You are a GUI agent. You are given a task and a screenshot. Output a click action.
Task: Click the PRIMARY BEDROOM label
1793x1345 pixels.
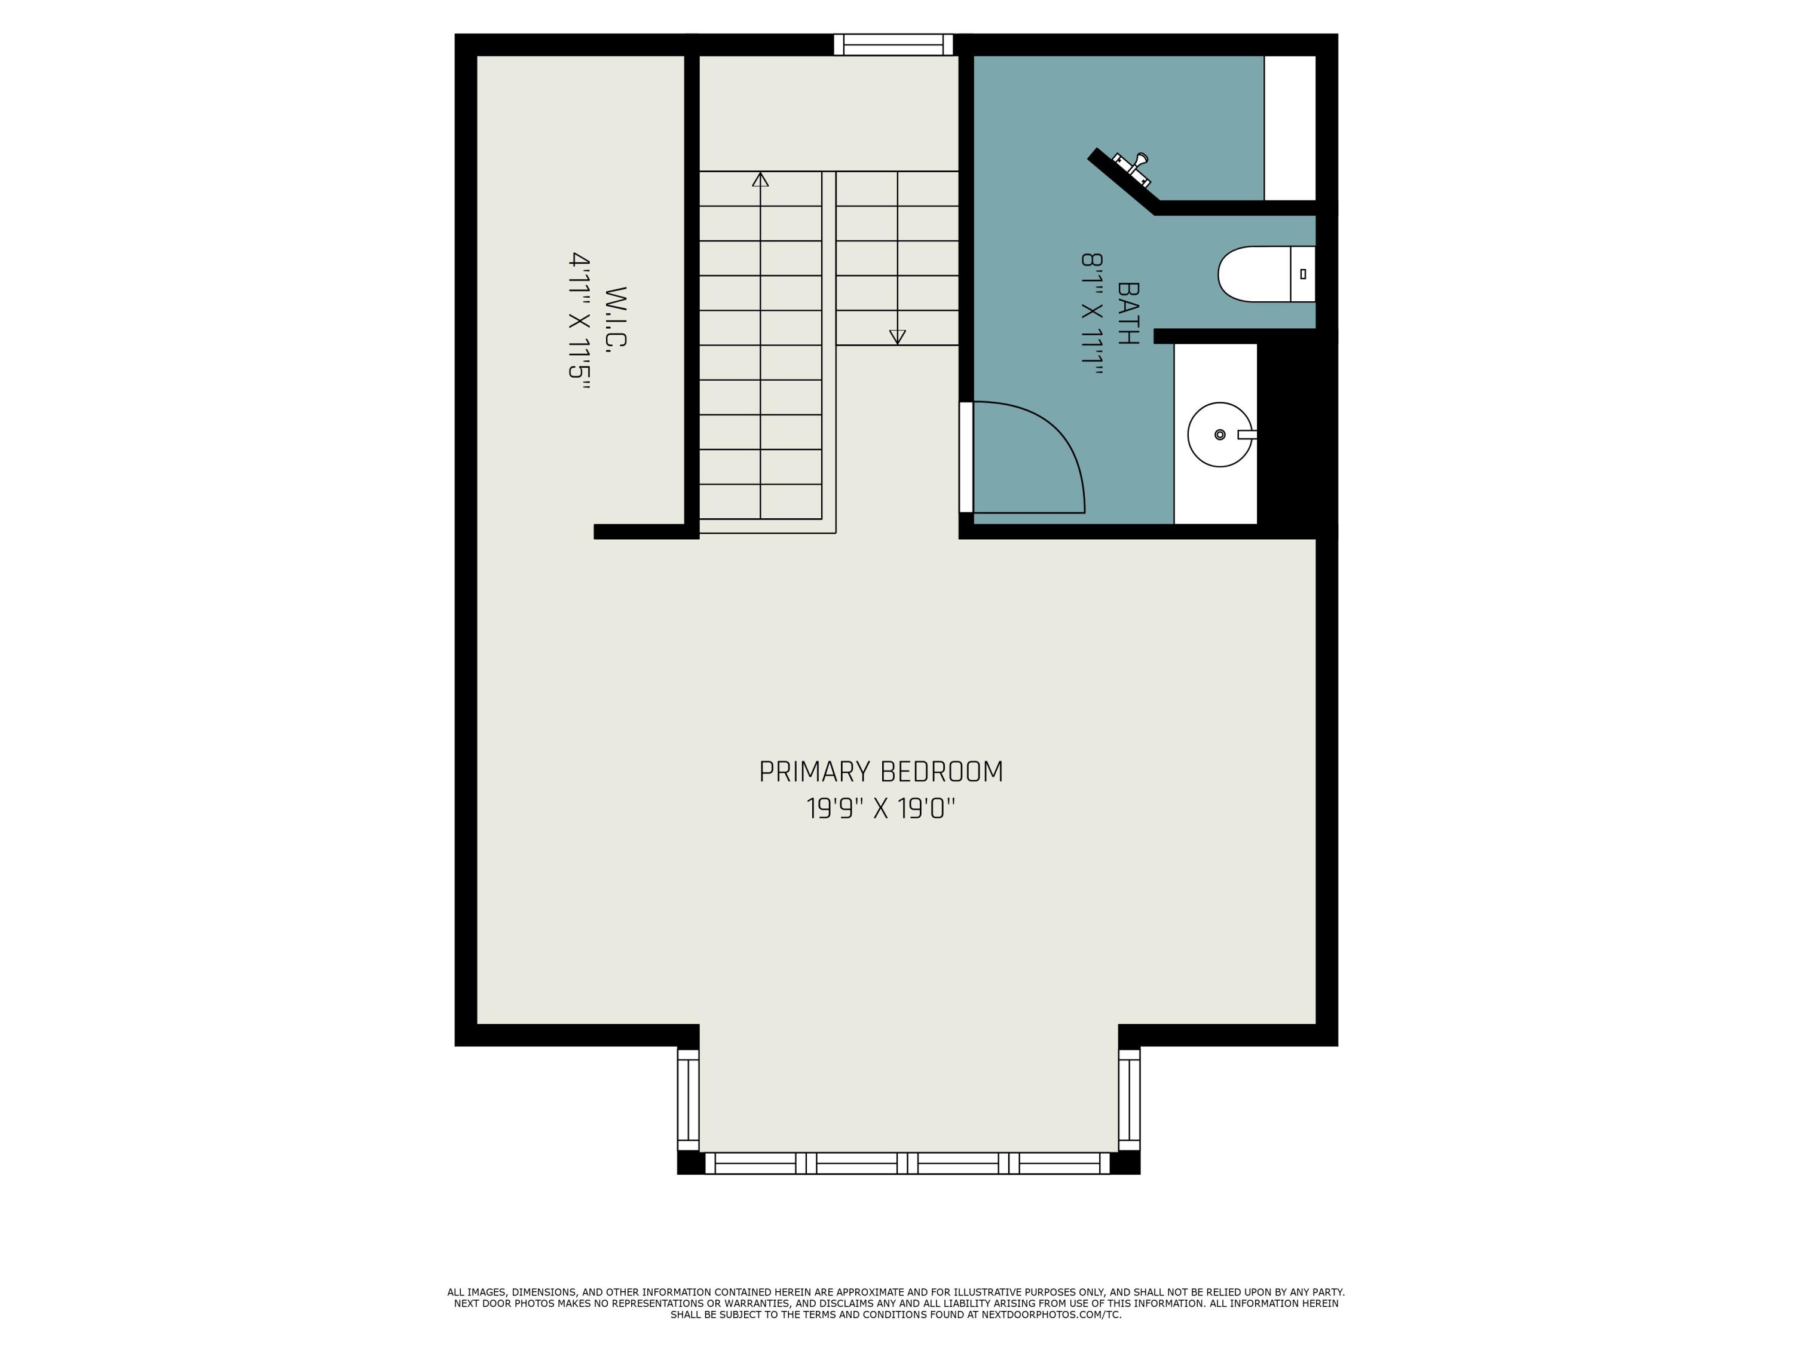[x=880, y=772]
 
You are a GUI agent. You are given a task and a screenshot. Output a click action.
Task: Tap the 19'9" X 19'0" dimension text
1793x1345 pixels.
[x=880, y=809]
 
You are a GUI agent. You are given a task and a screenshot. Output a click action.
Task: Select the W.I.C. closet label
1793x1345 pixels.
[x=617, y=318]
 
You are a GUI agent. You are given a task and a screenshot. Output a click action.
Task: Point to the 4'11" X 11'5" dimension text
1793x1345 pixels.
[x=578, y=321]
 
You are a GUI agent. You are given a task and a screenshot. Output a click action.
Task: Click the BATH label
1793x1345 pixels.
[x=1128, y=314]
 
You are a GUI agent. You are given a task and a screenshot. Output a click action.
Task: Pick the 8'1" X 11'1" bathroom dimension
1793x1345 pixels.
[x=1092, y=314]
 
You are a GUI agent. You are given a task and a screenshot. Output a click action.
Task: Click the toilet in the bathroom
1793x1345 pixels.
[x=1265, y=274]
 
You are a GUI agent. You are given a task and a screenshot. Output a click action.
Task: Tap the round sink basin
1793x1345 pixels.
[x=1219, y=435]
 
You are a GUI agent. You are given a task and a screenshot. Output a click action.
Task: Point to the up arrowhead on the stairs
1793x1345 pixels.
[x=760, y=179]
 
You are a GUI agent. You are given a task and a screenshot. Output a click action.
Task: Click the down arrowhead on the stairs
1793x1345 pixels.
[x=897, y=337]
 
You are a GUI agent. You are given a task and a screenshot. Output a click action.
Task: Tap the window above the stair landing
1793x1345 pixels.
[x=894, y=45]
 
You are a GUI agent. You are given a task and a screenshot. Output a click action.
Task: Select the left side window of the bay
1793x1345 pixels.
[x=687, y=1100]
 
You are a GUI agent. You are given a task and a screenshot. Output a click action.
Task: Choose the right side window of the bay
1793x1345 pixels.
[x=1129, y=1100]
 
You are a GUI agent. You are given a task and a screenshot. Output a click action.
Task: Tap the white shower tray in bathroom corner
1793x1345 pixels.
[x=1290, y=127]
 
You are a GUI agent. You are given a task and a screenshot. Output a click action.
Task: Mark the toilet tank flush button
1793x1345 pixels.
[x=1302, y=274]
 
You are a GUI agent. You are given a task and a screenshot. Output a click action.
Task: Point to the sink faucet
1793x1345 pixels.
[x=1247, y=435]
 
